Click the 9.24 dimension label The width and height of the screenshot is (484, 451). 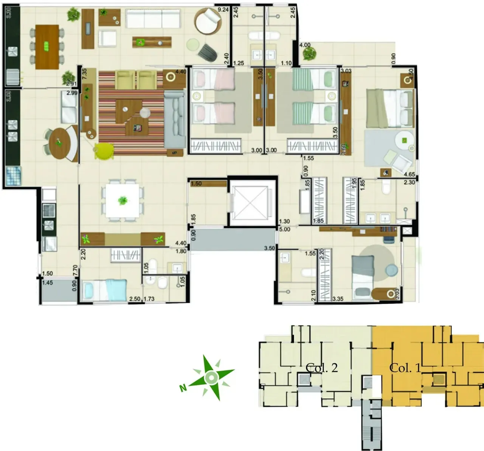[223, 10]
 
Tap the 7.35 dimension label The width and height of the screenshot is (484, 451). [84, 73]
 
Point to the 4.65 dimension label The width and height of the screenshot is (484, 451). [409, 175]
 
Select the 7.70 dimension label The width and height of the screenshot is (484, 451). [75, 271]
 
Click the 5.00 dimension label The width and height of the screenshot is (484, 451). [284, 229]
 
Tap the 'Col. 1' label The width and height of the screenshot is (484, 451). [405, 368]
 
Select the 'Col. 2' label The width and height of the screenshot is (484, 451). [321, 368]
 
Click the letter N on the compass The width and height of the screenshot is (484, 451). [183, 388]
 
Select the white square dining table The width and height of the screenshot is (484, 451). [123, 201]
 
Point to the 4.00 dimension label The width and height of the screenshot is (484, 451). [305, 45]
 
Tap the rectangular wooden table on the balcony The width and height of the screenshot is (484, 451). [47, 47]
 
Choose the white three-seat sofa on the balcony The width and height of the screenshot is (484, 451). [153, 18]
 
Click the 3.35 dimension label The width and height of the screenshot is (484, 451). [338, 299]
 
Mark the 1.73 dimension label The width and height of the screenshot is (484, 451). [149, 299]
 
